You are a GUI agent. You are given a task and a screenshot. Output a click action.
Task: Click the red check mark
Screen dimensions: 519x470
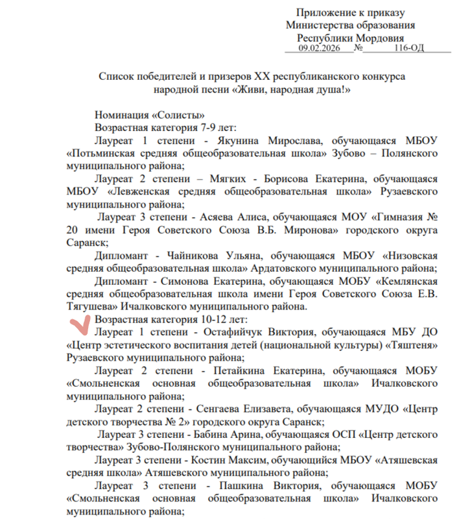tap(78, 324)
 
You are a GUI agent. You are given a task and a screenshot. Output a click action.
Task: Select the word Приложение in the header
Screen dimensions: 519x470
tap(325, 13)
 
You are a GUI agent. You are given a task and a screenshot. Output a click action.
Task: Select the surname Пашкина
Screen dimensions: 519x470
tap(240, 485)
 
